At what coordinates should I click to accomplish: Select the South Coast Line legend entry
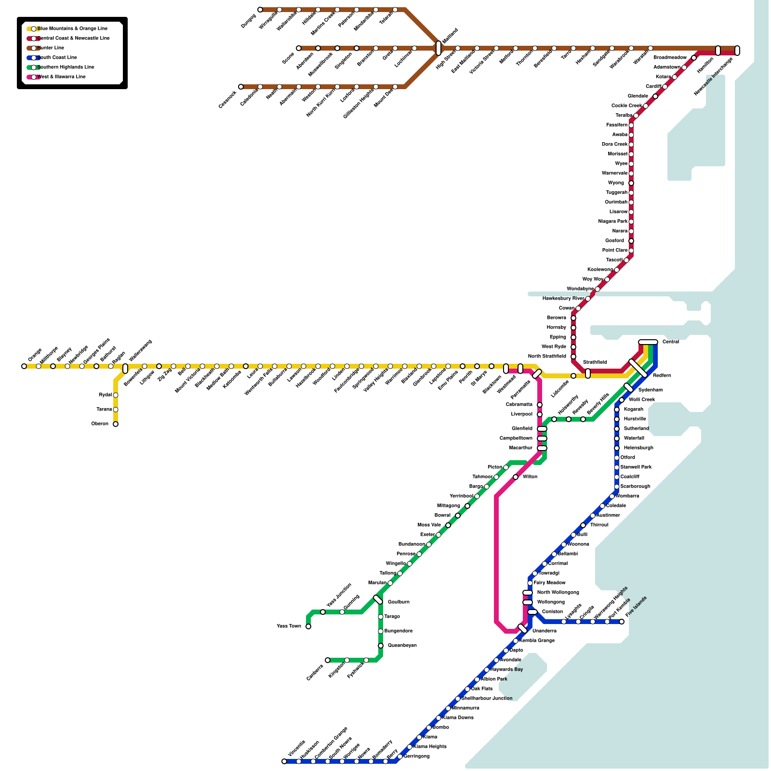[57, 58]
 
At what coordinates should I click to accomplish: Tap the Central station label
[670, 342]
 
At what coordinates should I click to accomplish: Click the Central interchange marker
[648, 342]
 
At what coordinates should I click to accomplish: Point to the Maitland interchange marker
[439, 48]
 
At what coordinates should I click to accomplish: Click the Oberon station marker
[116, 424]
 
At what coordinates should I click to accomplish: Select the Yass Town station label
[289, 626]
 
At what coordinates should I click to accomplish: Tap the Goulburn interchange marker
[378, 599]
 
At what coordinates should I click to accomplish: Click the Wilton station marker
[516, 477]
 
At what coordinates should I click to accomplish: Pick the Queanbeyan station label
[402, 646]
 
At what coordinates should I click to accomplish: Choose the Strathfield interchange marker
[588, 373]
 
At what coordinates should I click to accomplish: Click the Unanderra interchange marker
[522, 628]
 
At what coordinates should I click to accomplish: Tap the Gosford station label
[614, 241]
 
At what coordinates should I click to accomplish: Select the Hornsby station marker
[573, 328]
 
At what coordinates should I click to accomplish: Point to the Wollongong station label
[551, 602]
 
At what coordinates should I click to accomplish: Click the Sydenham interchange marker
[628, 387]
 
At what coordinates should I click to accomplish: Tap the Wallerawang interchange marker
[125, 368]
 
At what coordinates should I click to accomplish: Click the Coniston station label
[552, 612]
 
